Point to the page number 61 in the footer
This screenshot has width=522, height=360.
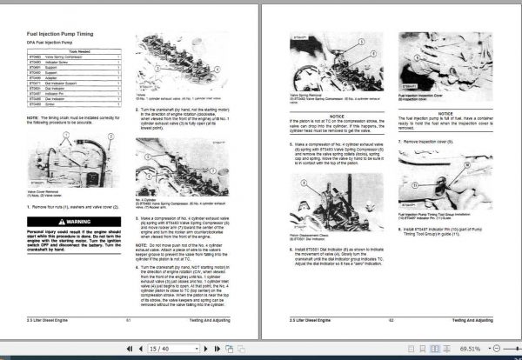(128, 321)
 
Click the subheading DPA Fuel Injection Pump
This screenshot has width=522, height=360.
(48, 43)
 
